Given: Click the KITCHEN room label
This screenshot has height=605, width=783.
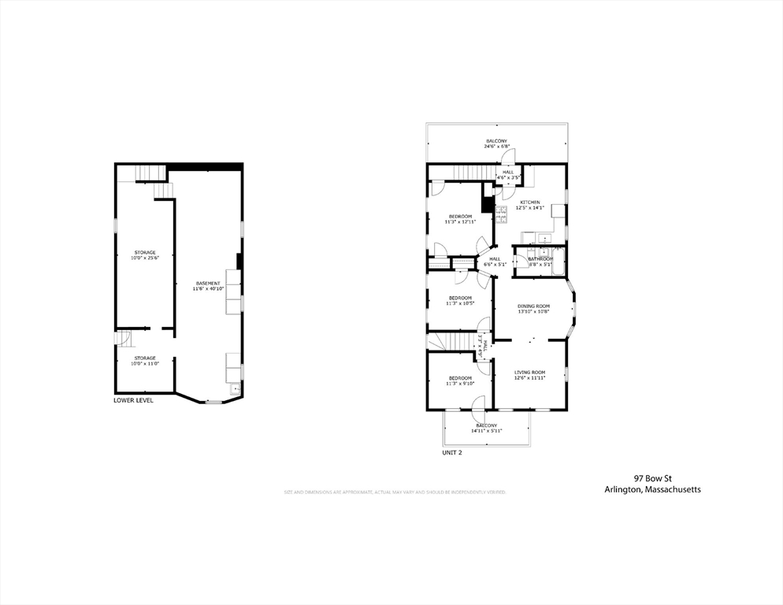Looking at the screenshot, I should [x=528, y=202].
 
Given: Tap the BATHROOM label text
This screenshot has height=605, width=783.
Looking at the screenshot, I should [x=540, y=258].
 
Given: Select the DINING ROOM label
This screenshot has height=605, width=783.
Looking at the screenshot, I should [x=533, y=306].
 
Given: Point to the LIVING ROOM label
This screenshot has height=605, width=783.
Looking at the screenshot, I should [x=529, y=372].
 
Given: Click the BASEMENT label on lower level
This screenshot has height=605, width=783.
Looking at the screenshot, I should [x=209, y=284].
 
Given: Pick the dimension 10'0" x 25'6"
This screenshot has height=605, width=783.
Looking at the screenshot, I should [x=144, y=258].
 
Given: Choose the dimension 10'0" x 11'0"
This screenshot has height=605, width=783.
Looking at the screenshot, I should [x=144, y=363].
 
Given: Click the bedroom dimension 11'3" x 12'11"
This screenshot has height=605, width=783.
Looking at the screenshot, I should [x=461, y=221].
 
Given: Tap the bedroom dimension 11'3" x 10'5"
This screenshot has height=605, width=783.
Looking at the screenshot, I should [x=460, y=303].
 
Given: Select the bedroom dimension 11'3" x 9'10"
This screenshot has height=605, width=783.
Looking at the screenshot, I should [x=460, y=384].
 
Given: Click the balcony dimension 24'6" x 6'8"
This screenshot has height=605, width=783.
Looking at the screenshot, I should [x=496, y=147].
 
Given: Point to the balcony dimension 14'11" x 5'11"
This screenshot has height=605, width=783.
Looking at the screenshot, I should [x=486, y=431].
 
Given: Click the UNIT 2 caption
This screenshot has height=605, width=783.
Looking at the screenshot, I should [x=452, y=453].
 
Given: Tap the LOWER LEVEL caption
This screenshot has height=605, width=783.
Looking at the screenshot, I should [x=134, y=400].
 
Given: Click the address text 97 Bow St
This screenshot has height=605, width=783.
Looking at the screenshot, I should [x=652, y=477].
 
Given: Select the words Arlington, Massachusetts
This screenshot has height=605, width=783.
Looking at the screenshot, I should [x=652, y=489].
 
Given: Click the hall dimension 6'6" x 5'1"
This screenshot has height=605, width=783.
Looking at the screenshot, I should [x=495, y=265].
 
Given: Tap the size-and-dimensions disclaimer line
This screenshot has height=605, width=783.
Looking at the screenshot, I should [x=395, y=492].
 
